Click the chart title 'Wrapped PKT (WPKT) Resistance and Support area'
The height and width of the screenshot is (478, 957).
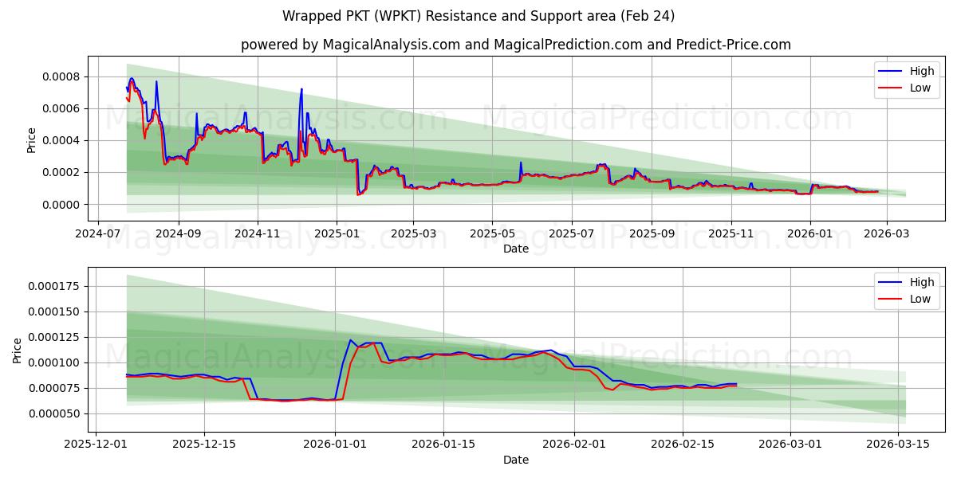(478, 16)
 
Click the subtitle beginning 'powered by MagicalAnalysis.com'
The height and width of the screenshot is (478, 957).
(516, 45)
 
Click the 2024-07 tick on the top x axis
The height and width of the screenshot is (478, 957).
(98, 235)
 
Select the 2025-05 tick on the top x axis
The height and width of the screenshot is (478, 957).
(492, 235)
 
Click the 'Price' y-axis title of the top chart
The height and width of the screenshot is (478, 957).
(32, 140)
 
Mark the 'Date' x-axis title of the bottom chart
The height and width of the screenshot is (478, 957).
(516, 460)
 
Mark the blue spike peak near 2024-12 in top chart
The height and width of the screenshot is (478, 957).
(301, 88)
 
